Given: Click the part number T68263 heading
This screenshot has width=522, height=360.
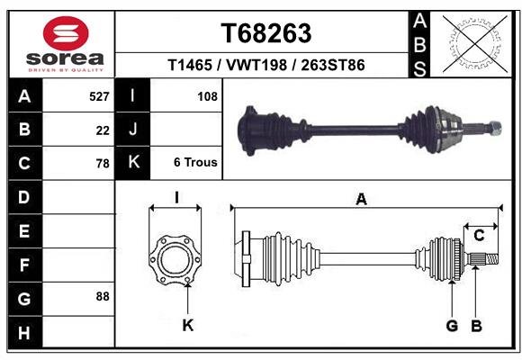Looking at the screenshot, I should pos(265,33).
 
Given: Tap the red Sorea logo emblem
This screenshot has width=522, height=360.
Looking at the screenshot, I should pos(66,35).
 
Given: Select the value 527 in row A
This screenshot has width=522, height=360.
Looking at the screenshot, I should pos(99,96).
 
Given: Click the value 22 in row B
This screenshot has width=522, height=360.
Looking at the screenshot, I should pos(103,130).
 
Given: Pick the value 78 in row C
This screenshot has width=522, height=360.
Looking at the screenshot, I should pos(103,163).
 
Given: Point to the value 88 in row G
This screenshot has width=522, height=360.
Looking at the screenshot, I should pos(101,296).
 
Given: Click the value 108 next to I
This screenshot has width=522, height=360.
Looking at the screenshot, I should pos(207,96).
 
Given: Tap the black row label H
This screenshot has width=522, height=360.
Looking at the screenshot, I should pos(24,334).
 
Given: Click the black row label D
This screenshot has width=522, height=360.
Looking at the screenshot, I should pos(24,196).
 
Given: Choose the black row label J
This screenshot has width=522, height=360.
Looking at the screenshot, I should pos(133,130).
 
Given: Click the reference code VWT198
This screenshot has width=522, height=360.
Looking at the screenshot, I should pos(265,66).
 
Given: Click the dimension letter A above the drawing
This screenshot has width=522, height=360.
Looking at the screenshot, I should pos(362,201).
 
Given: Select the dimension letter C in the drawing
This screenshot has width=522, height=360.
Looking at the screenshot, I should pos(479,235).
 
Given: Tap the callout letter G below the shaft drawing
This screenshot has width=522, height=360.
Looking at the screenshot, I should pos(452,325).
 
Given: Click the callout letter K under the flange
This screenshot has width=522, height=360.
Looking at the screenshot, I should pos(187,325).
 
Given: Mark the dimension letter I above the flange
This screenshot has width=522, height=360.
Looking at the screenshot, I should pos(176,197).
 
